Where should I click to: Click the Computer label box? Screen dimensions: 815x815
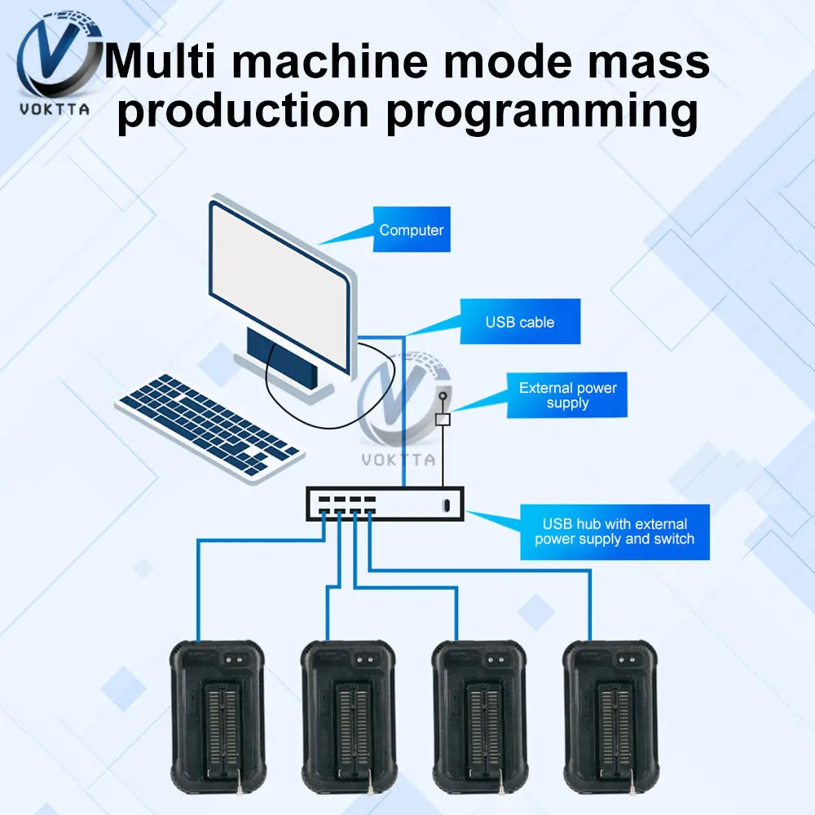(x=411, y=230)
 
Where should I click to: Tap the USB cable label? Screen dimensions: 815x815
(x=520, y=322)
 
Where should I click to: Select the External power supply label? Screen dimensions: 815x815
(x=567, y=395)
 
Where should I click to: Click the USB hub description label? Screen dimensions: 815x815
(x=615, y=531)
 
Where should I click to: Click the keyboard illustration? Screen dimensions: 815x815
(x=207, y=424)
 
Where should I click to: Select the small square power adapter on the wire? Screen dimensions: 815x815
(x=443, y=420)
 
